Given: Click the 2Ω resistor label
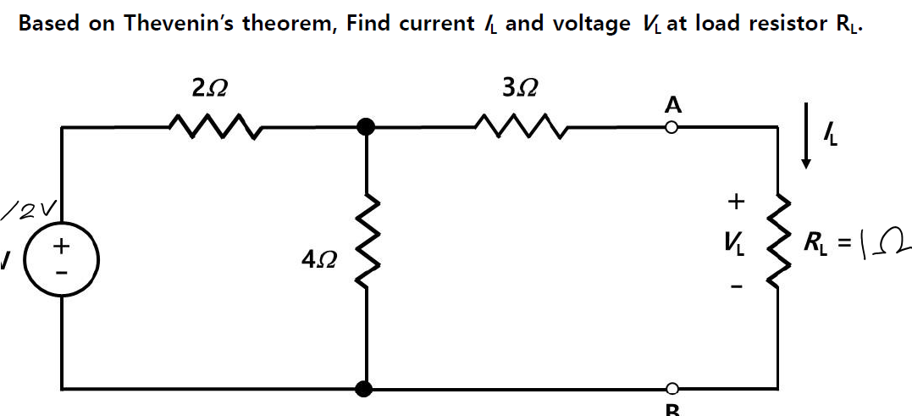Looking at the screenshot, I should point(208,86).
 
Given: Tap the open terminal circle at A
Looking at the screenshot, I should point(672,128).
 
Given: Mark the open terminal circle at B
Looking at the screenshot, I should point(672,389).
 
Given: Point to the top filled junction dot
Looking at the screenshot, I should point(366,127).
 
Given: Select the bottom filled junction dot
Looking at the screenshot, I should point(366,389).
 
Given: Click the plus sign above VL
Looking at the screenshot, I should point(737,202).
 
